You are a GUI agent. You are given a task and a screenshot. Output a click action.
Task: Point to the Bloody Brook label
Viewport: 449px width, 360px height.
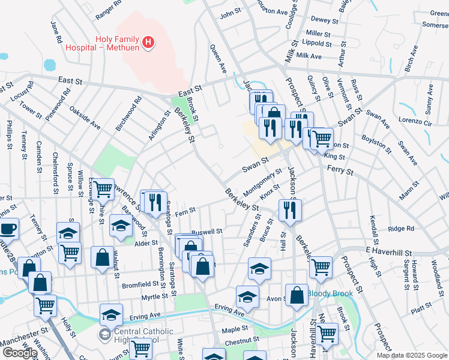(x=328, y=294)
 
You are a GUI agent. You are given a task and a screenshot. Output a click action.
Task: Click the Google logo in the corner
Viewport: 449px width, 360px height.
(x=20, y=353)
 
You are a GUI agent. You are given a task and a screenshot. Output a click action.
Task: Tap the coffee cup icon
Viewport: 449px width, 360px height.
(x=8, y=229)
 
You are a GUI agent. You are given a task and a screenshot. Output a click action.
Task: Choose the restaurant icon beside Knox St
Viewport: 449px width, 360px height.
(x=290, y=209)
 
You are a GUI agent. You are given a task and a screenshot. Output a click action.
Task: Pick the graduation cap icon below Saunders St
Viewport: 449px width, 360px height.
(x=259, y=268)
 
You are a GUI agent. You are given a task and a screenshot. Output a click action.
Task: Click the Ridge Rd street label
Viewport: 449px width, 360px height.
(x=401, y=229)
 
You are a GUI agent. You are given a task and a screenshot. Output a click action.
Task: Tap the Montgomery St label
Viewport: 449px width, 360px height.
(x=263, y=184)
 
